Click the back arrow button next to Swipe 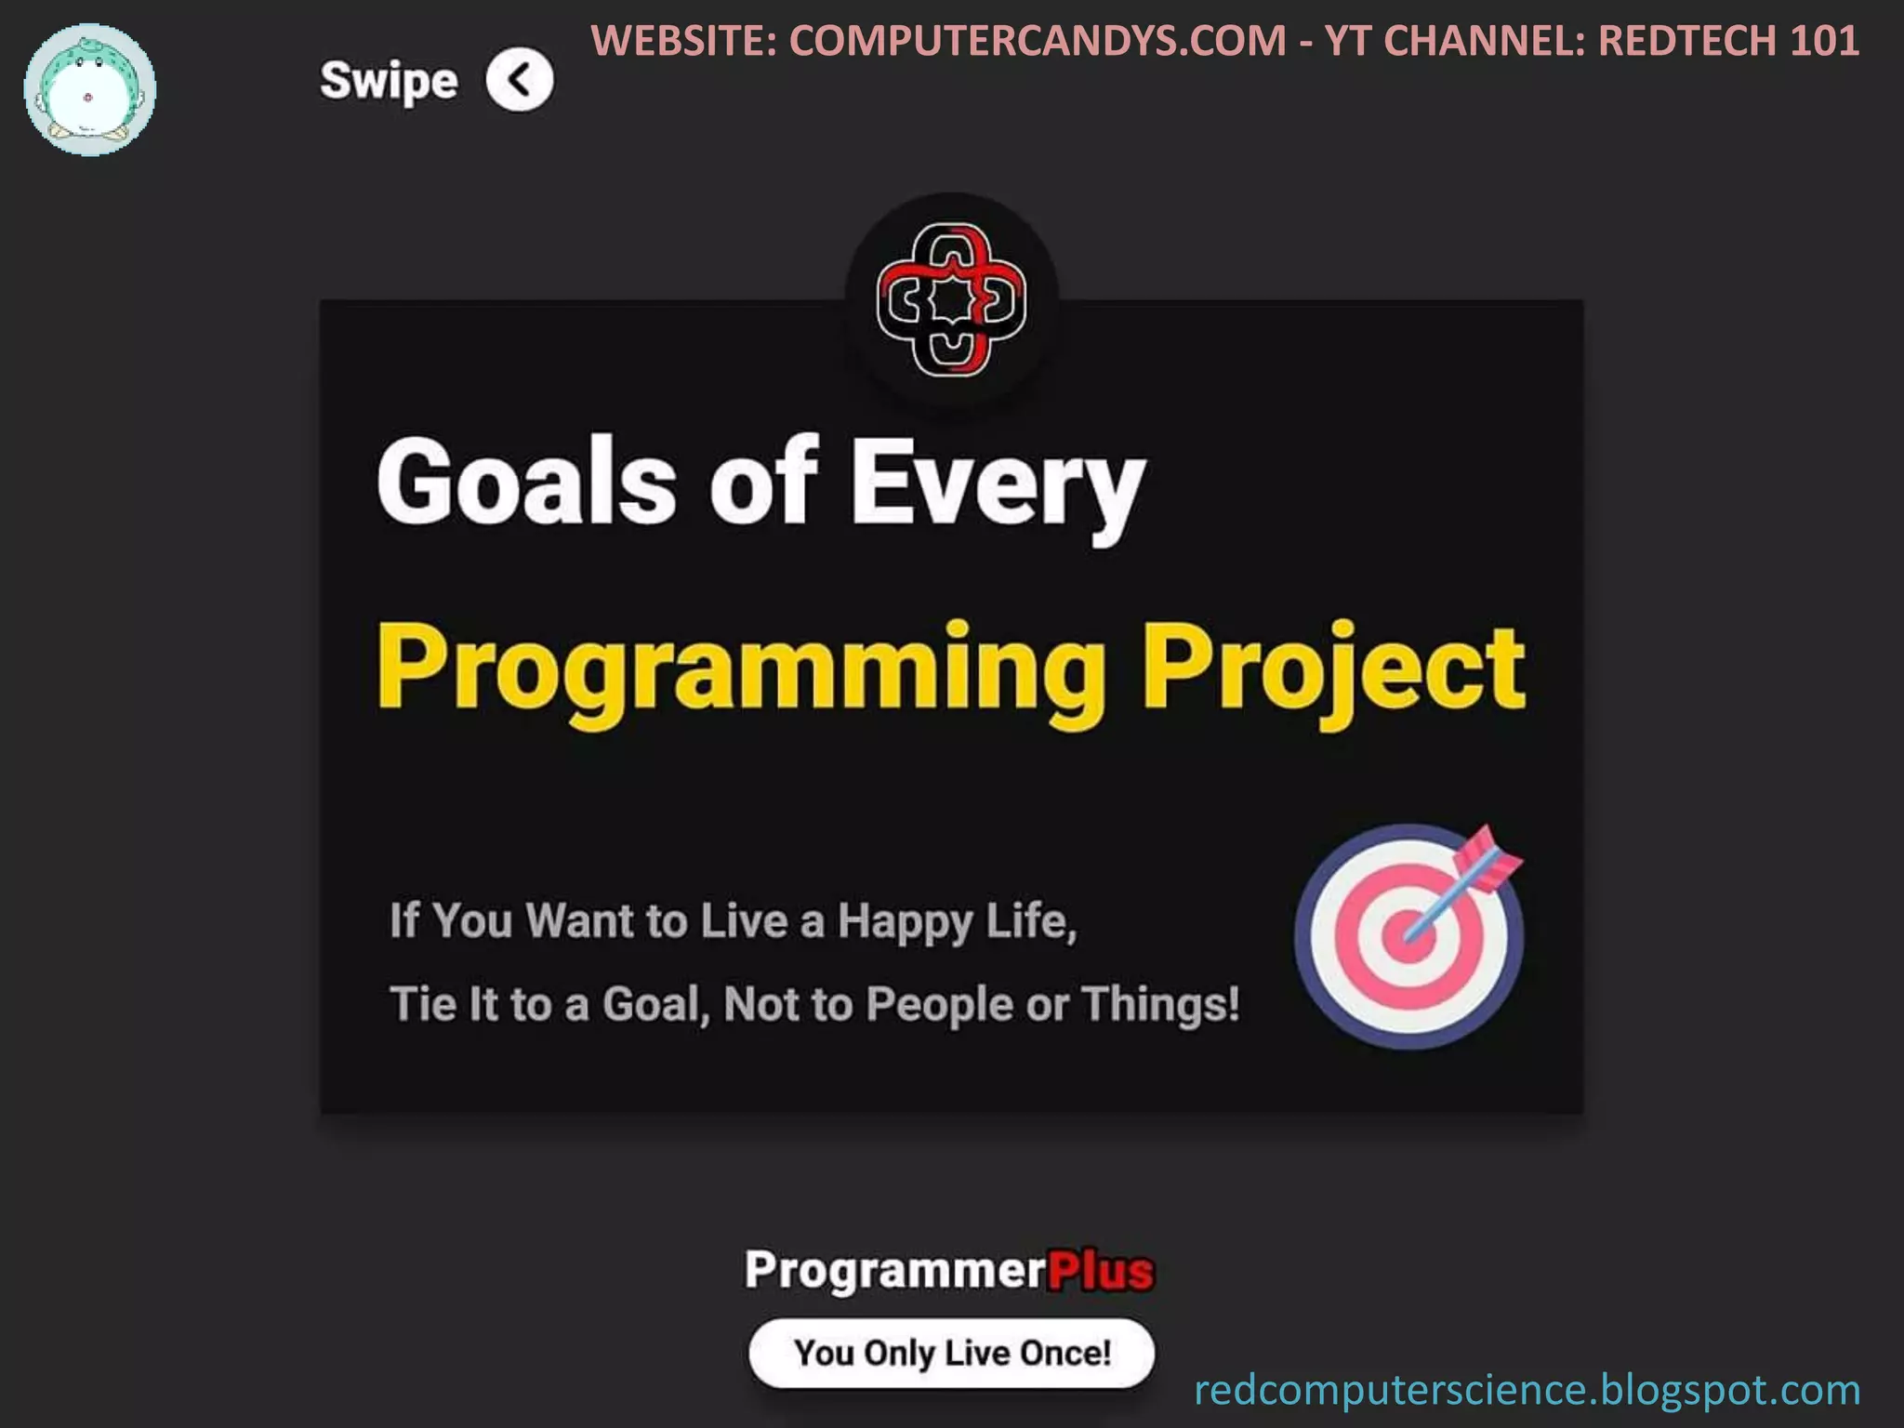[519, 80]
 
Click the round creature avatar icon [89, 90]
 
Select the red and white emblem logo [951, 299]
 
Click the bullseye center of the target [1408, 936]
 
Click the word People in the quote [939, 1005]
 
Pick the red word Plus [1100, 1271]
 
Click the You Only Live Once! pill [951, 1353]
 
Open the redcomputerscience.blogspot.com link [1527, 1390]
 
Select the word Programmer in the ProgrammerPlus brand [895, 1271]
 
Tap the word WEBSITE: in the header [684, 41]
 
